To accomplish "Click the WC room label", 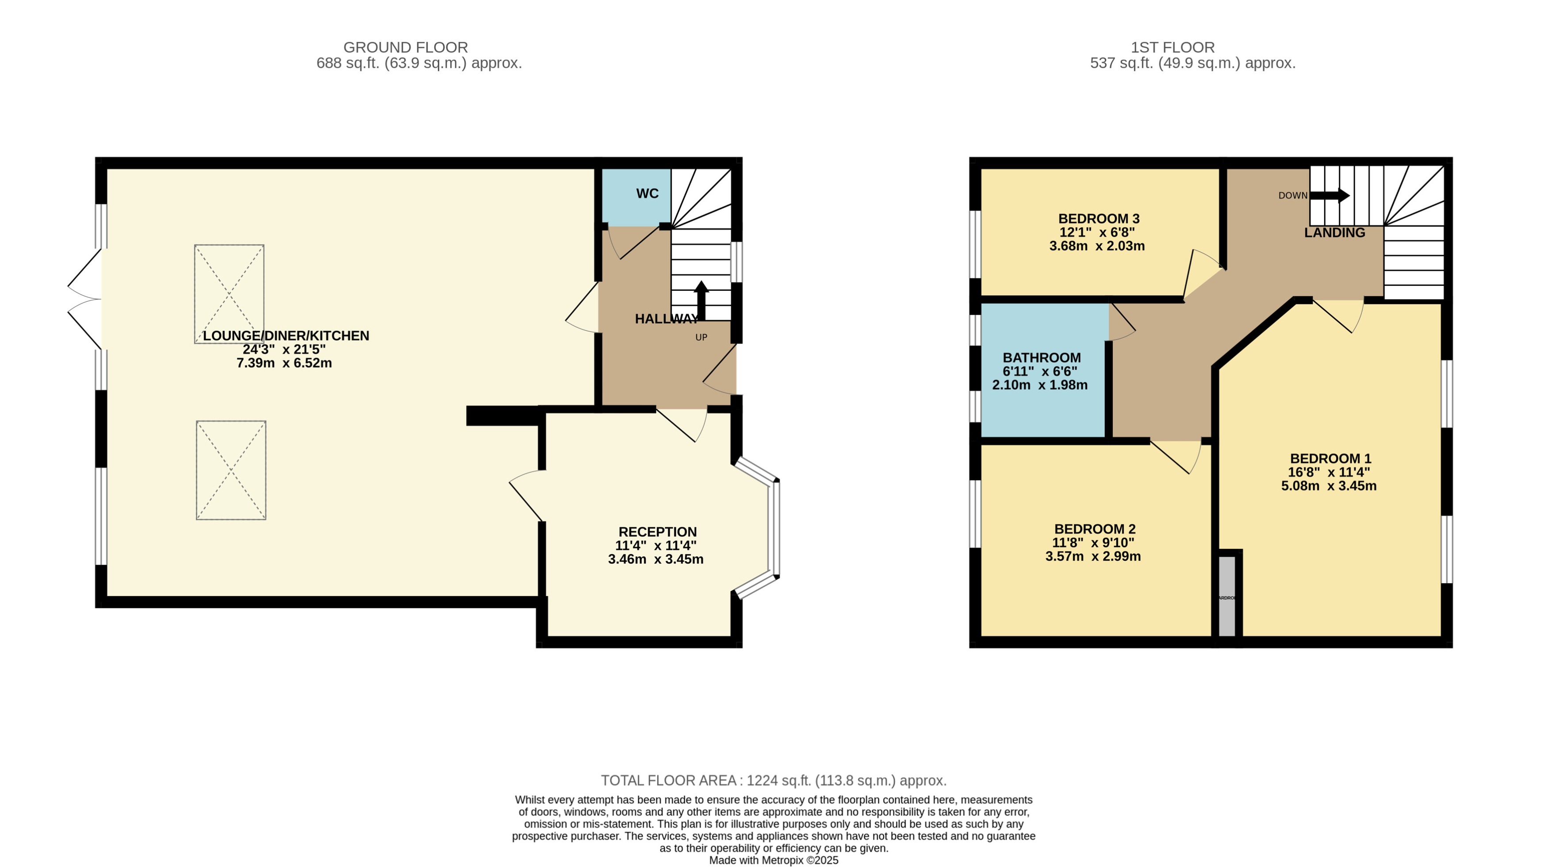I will click(647, 193).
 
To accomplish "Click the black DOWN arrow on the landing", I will click(1329, 196).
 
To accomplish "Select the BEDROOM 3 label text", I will click(1099, 219).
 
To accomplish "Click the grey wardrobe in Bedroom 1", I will click(1226, 596).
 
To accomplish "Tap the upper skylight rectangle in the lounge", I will click(229, 293).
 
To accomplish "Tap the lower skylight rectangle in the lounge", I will click(231, 470).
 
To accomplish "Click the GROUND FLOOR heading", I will click(405, 47).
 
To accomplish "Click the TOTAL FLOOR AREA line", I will click(774, 780).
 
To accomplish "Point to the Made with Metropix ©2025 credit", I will click(774, 860).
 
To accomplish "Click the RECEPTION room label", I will click(657, 532).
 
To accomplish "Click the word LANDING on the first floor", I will click(1334, 233).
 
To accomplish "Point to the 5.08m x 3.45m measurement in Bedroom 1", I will click(1328, 486).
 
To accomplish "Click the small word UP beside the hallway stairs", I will click(701, 337).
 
